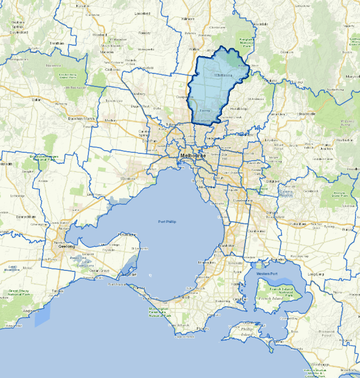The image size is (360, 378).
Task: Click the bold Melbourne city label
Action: (192, 156)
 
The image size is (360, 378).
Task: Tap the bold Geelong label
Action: (66, 246)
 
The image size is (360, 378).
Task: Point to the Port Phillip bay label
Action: (168, 221)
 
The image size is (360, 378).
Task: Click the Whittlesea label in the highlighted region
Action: (224, 75)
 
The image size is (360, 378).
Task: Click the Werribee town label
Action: (128, 178)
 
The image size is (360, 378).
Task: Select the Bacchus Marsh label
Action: (81, 118)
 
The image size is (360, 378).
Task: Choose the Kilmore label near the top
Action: (188, 19)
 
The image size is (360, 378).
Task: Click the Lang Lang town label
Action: (315, 274)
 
